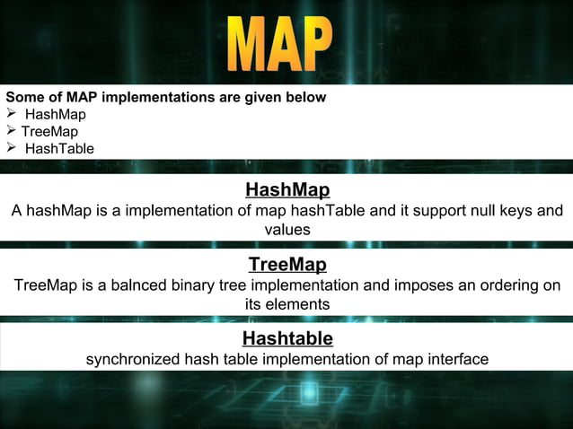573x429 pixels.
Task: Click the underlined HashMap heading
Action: click(x=287, y=189)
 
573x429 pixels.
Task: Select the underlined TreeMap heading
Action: click(x=287, y=265)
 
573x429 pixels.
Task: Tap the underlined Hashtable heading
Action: click(x=287, y=338)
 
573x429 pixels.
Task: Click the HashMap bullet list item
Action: click(x=56, y=114)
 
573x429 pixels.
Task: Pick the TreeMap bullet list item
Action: click(x=49, y=131)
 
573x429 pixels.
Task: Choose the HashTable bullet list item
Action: click(x=59, y=148)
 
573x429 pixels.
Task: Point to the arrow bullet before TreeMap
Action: click(x=11, y=131)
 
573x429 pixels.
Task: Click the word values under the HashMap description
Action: click(x=287, y=230)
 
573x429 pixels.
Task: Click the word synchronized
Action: click(x=133, y=360)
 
